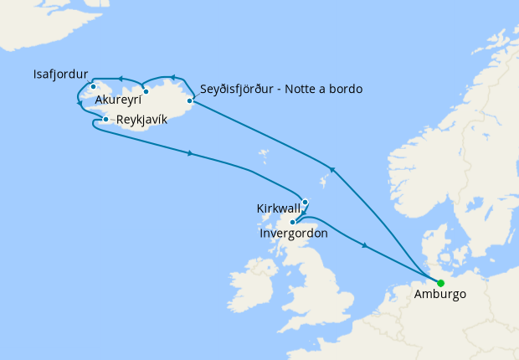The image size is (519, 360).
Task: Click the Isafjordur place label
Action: coord(61,74)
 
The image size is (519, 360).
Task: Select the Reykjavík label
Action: coord(141,120)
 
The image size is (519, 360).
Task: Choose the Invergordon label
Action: coord(294,234)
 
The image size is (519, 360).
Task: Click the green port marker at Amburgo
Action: coord(440,282)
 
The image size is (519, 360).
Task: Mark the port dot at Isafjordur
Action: coord(94,86)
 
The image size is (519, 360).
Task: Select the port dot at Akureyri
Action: coord(146,91)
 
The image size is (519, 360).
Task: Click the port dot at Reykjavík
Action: coord(105,120)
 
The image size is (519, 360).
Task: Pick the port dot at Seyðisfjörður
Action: coord(191,101)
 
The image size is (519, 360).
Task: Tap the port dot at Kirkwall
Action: coord(306,202)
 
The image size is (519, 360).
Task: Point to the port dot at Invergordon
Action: coord(292,222)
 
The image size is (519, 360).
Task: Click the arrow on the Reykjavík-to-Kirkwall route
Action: coord(192,153)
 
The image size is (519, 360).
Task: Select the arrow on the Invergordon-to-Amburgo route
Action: coord(364,245)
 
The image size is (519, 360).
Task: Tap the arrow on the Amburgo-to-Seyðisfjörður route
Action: coord(332,170)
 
